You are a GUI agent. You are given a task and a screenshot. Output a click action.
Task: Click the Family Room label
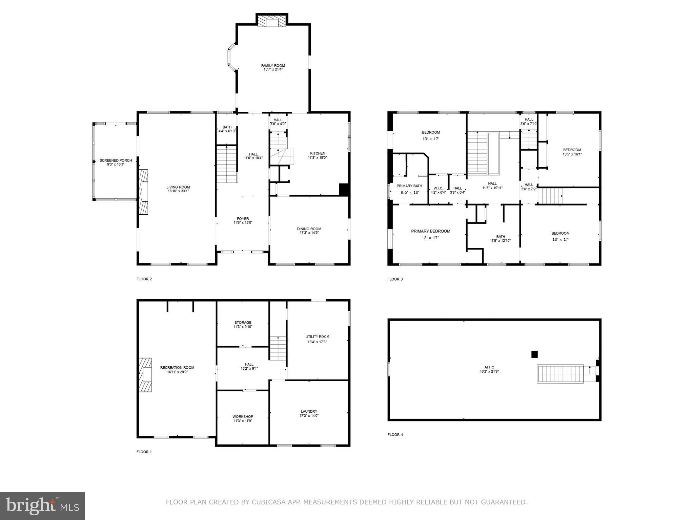273,66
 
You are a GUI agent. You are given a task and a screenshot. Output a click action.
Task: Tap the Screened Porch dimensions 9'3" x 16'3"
116,165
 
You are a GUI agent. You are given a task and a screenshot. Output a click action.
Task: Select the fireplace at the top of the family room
272,21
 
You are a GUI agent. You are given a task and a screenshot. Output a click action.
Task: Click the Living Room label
178,187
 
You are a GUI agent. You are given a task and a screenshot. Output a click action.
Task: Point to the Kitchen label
318,153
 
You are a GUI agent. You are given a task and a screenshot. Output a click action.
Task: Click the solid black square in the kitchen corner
344,189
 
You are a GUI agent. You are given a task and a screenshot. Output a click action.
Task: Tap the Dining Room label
309,229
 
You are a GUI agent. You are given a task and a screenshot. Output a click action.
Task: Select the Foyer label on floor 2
243,219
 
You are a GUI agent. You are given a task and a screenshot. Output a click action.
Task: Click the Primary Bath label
409,186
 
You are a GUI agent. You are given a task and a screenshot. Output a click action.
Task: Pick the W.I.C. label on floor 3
438,188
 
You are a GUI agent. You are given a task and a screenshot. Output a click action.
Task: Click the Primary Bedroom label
430,231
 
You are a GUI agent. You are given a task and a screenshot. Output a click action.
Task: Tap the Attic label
489,367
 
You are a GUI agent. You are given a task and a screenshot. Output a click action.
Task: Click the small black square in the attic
534,354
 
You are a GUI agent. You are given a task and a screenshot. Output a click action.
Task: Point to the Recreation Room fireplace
145,375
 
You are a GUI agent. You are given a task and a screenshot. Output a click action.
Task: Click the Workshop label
243,417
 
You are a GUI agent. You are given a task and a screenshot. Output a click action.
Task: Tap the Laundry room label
309,412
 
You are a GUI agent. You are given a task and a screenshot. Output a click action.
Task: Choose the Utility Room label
317,337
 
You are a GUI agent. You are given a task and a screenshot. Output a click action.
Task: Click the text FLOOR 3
395,279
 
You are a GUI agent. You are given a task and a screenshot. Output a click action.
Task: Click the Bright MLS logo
42,506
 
